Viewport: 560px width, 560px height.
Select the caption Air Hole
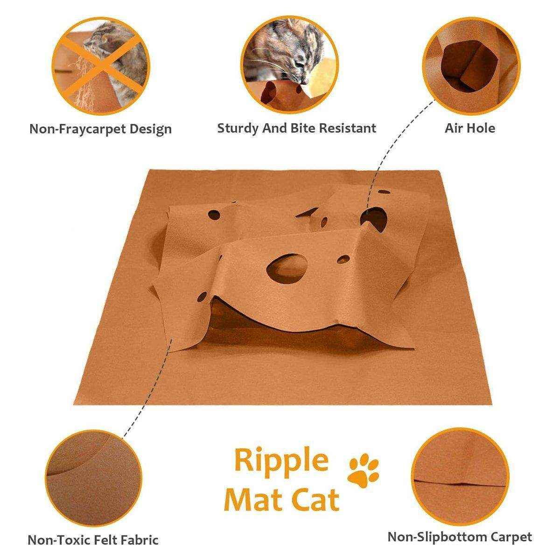[x=469, y=128]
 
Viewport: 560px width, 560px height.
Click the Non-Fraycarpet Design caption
[x=100, y=129]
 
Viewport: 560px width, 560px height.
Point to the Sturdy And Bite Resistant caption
[x=296, y=128]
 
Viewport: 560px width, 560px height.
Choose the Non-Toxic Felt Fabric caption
[x=93, y=540]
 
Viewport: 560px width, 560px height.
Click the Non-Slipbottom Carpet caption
[x=459, y=537]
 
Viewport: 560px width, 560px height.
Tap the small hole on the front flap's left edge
[x=202, y=296]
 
